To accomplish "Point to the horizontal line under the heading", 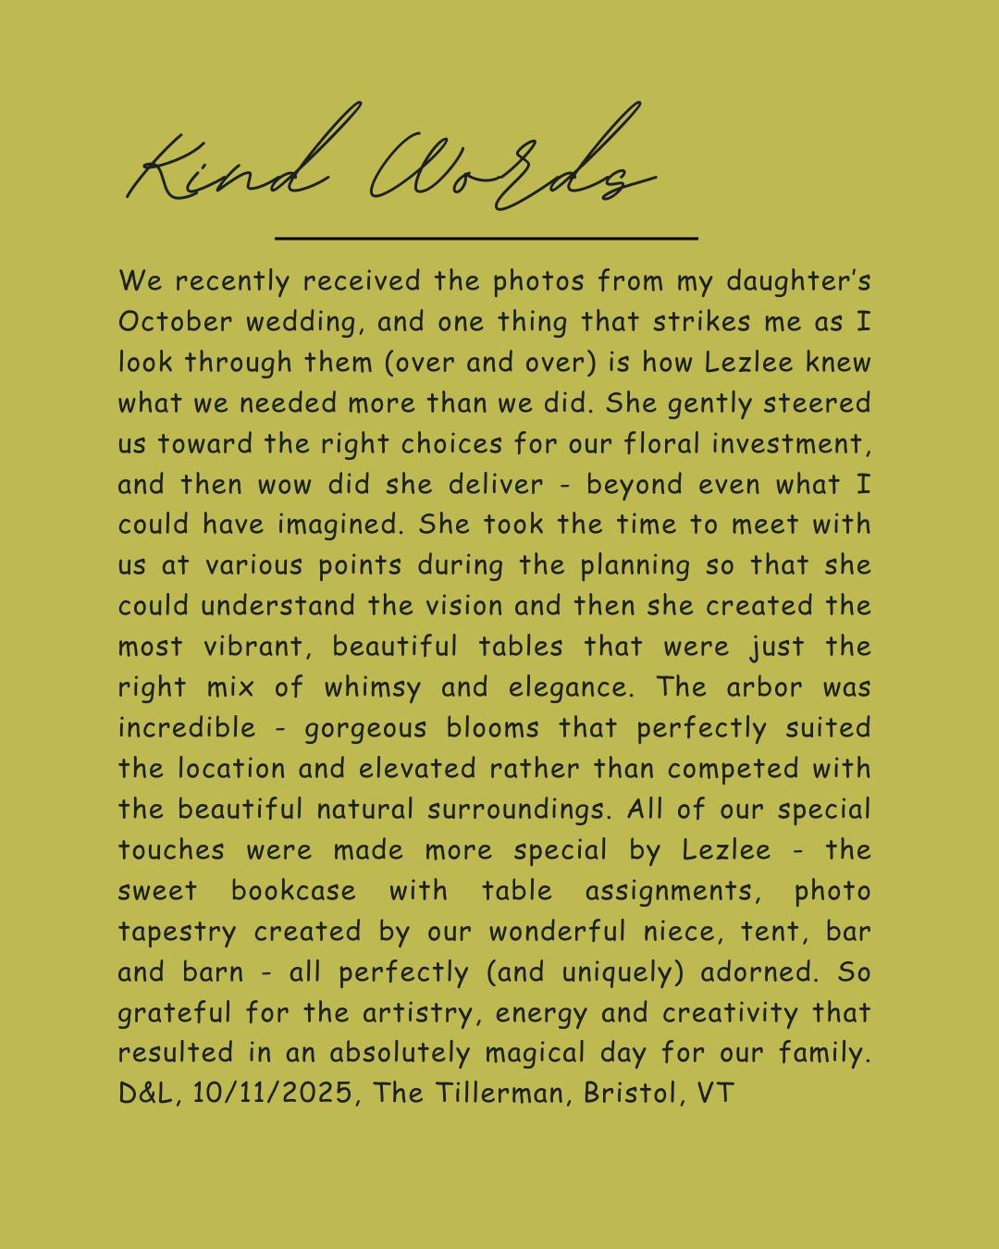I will pos(486,238).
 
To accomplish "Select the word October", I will pos(175,322).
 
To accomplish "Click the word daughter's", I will pos(797,281).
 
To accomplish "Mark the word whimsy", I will pos(372,688).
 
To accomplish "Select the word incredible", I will pos(186,728).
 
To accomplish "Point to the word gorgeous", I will pos(365,729).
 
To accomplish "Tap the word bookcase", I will pos(293,891).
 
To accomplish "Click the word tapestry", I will pos(177,933).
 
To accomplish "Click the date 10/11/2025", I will pos(273,1094).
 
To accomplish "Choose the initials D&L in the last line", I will pos(149,1094).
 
